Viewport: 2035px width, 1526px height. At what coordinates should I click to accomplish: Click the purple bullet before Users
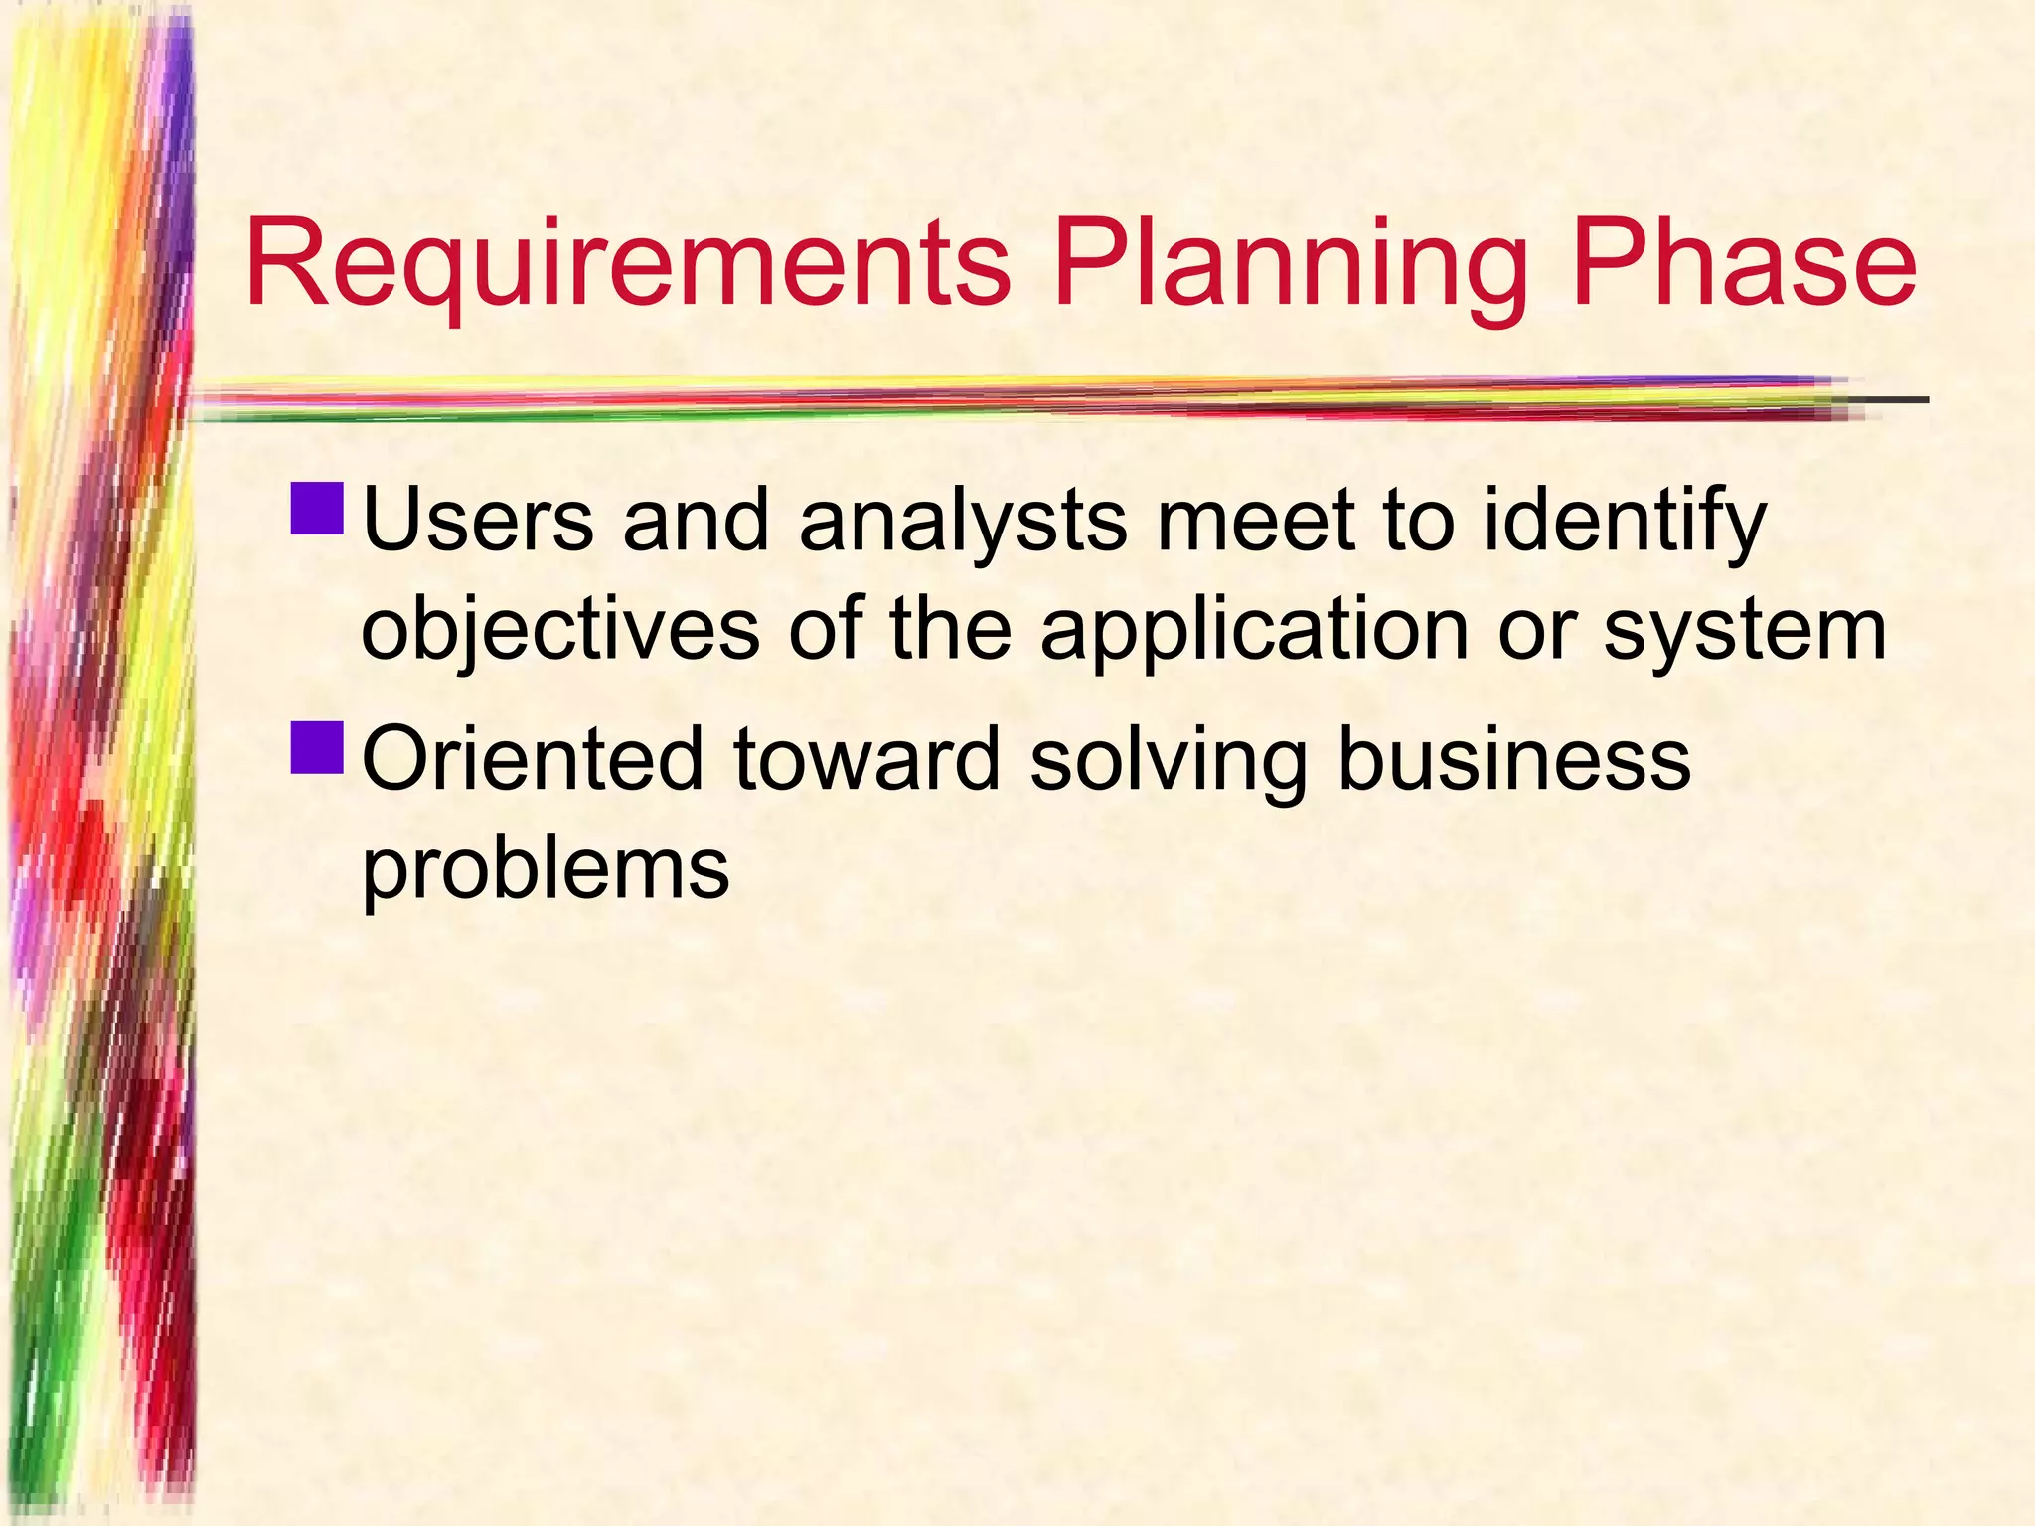coord(318,508)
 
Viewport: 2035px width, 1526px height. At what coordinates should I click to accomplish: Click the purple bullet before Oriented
coord(318,747)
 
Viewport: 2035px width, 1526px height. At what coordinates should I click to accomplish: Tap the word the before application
coord(950,630)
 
